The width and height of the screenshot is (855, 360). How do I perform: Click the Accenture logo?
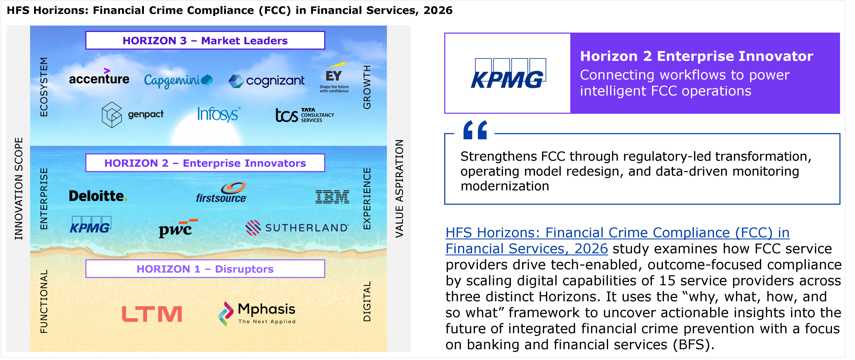[x=99, y=76]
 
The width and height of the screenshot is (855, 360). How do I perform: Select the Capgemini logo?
[x=178, y=80]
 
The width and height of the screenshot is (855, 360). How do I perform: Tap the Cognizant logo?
[x=266, y=81]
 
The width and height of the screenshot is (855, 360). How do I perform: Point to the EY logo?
[x=334, y=77]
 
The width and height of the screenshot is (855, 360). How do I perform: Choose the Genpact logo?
[x=133, y=115]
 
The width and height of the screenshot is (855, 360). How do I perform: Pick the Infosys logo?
[x=219, y=114]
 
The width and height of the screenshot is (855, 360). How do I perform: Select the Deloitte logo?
[x=98, y=196]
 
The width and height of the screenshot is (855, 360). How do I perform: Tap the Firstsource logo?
[x=221, y=193]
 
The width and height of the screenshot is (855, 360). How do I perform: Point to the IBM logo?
[x=332, y=197]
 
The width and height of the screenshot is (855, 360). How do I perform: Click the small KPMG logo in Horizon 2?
[x=91, y=225]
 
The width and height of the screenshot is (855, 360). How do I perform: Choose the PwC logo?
[x=178, y=228]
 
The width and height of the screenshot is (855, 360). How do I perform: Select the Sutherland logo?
[x=297, y=228]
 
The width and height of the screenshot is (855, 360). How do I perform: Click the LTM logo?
[x=152, y=314]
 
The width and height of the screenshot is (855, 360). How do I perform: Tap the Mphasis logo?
[x=257, y=314]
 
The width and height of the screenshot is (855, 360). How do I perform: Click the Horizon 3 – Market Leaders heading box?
[x=205, y=40]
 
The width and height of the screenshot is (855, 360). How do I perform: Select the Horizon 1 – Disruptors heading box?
[x=205, y=269]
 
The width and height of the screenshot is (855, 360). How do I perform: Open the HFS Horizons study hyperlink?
[x=618, y=240]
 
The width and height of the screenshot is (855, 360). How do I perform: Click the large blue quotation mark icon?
[x=475, y=130]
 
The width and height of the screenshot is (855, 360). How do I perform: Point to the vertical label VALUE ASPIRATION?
[x=399, y=189]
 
